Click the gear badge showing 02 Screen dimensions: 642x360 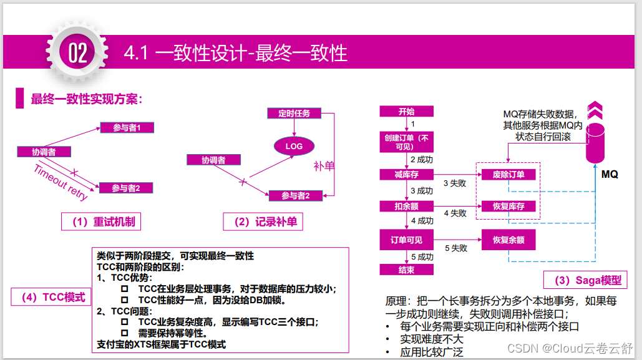(77, 52)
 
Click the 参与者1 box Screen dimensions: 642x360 (127, 128)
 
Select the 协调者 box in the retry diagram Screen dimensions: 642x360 (44, 152)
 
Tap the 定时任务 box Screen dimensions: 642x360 (289, 113)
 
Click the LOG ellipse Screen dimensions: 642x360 (294, 146)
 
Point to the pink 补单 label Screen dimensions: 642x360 (324, 167)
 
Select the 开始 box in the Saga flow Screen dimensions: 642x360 (406, 112)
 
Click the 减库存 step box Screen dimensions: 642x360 (406, 175)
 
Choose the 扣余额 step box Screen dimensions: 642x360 (406, 206)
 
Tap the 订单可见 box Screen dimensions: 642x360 (406, 240)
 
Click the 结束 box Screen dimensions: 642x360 (406, 270)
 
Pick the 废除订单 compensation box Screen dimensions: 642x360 (508, 175)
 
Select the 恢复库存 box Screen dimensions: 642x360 (508, 206)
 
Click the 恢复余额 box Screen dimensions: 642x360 (508, 240)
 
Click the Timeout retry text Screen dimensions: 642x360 (61, 182)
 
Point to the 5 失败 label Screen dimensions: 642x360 (455, 248)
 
